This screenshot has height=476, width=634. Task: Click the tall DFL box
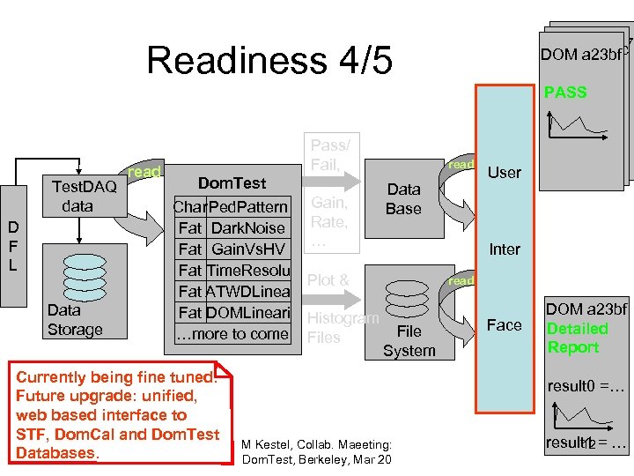12,246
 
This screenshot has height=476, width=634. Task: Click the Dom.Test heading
232,182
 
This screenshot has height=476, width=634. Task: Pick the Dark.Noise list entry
249,227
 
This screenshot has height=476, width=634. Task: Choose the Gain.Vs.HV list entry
248,249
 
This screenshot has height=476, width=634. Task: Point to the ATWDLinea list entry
247,291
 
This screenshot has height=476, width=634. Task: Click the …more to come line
232,333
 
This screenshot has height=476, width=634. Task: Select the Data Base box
403,199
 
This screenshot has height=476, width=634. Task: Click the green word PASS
565,92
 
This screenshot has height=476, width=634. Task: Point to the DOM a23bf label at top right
581,54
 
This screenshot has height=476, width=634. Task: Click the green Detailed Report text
577,338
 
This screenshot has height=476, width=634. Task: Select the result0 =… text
586,386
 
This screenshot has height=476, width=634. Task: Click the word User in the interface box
505,172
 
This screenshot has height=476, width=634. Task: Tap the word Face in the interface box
505,324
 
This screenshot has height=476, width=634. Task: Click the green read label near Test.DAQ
144,172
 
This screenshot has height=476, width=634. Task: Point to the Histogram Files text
342,327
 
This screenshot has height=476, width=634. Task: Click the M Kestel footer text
316,452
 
